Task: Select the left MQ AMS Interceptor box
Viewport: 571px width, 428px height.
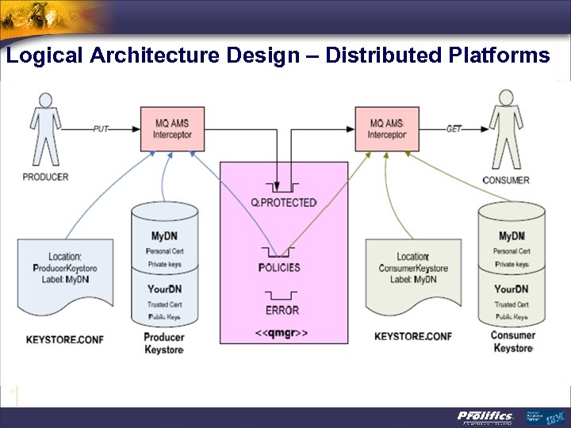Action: click(172, 128)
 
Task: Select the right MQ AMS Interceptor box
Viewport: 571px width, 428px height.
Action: click(386, 128)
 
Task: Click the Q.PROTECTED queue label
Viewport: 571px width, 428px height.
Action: click(283, 203)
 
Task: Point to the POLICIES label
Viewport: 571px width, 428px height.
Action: click(279, 267)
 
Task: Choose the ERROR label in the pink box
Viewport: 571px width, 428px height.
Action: click(282, 310)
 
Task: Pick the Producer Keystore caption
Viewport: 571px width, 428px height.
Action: click(164, 343)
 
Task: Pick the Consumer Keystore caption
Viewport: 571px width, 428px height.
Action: click(512, 342)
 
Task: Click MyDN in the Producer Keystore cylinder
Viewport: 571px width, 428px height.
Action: click(165, 236)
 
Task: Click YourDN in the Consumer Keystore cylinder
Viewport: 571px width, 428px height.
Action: click(512, 289)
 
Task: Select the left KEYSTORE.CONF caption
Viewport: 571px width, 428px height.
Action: click(64, 339)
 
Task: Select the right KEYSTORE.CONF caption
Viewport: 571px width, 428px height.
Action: click(413, 337)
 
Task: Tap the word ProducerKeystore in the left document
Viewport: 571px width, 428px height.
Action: click(65, 267)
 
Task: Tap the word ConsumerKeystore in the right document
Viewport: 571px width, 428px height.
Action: click(412, 268)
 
